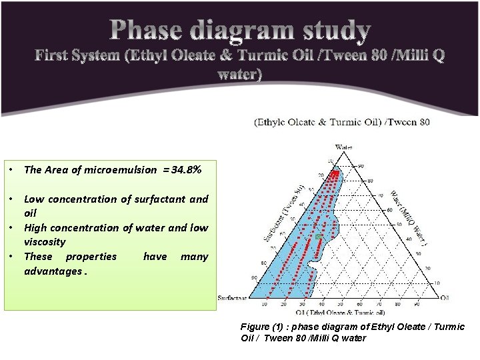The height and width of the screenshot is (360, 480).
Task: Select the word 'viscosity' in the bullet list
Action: pyautogui.click(x=45, y=242)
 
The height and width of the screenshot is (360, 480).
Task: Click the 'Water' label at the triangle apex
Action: pyautogui.click(x=343, y=147)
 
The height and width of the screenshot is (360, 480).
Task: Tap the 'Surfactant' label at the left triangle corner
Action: pyautogui.click(x=232, y=298)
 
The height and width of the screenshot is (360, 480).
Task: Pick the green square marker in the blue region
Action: pyautogui.click(x=319, y=237)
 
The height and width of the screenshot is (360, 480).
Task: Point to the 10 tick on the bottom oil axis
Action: pyautogui.click(x=265, y=304)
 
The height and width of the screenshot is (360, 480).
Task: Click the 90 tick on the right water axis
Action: pyautogui.click(x=361, y=166)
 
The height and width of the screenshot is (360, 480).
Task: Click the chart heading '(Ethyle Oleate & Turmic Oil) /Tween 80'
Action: pyautogui.click(x=342, y=122)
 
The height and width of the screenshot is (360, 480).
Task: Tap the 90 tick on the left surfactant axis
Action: pyautogui.click(x=253, y=277)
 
